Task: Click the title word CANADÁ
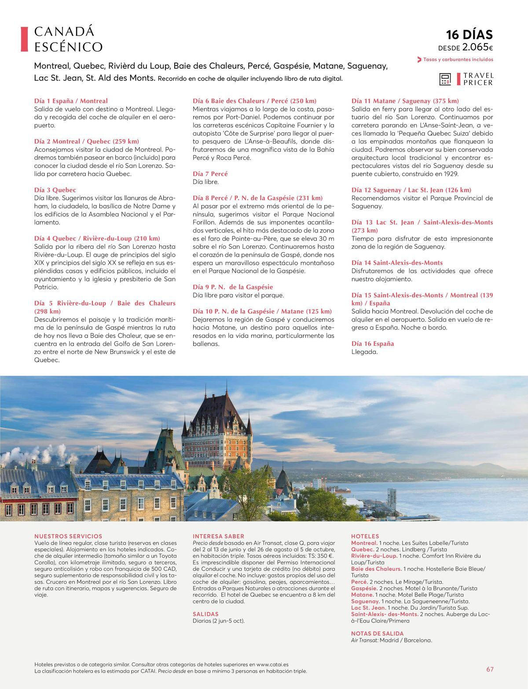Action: pos(64,32)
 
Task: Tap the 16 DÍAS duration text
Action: pos(469,34)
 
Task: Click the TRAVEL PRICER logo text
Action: pos(478,79)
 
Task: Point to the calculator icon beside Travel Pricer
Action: pos(445,79)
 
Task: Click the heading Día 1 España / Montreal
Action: pos(71,101)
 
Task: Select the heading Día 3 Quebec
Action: pos(55,190)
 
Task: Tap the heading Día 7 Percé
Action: pos(210,173)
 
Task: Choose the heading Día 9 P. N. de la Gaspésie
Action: pos(233,287)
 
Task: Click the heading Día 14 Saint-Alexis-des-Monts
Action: pos(397,262)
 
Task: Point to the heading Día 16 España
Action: pos(373,343)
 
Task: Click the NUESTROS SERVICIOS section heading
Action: pos(68,536)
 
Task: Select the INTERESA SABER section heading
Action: pos(218,536)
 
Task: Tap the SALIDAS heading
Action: pos(205,614)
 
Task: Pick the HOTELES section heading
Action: pos(365,536)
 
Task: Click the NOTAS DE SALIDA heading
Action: pos(377,634)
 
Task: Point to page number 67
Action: pos(490,669)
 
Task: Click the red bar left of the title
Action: pos(24,39)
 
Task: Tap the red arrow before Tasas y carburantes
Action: pos(419,59)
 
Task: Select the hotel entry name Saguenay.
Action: pos(365,601)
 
